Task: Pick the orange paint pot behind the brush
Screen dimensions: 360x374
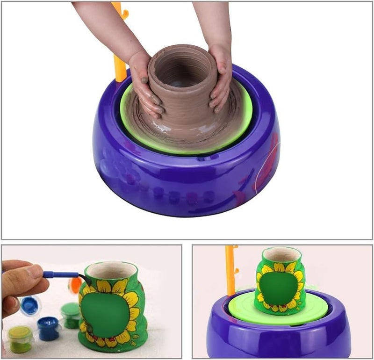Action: coord(75,285)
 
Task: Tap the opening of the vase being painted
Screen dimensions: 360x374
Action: coord(111,270)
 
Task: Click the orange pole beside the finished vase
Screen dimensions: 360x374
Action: coord(230,271)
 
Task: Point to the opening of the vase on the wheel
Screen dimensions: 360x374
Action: coord(281,254)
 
